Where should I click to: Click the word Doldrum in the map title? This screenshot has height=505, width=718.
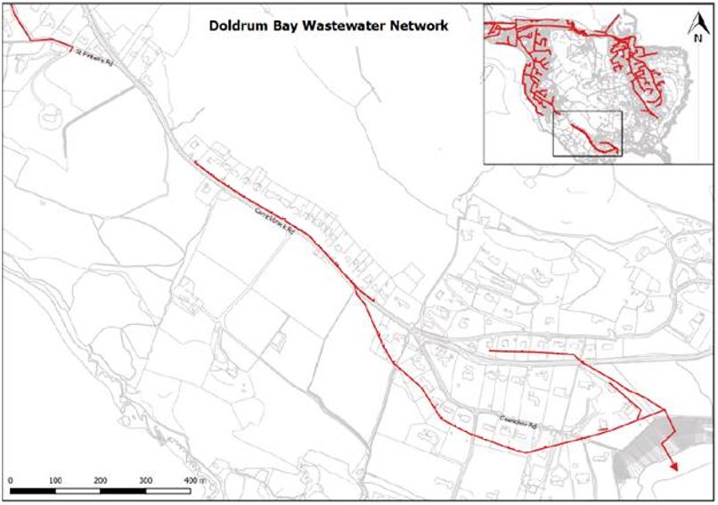pos(234,26)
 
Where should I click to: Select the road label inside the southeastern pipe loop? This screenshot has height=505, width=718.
pos(520,425)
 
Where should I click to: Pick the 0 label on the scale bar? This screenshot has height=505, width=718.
pos(10,481)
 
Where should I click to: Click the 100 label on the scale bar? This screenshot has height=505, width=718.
pos(55,481)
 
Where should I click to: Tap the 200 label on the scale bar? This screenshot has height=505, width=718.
pos(101,481)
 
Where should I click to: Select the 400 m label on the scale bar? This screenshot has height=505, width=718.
pos(193,481)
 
